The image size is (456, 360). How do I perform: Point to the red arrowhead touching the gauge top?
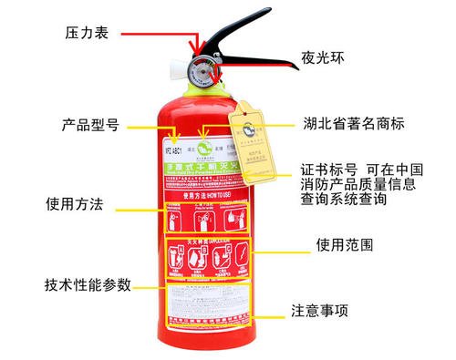point(193,52)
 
